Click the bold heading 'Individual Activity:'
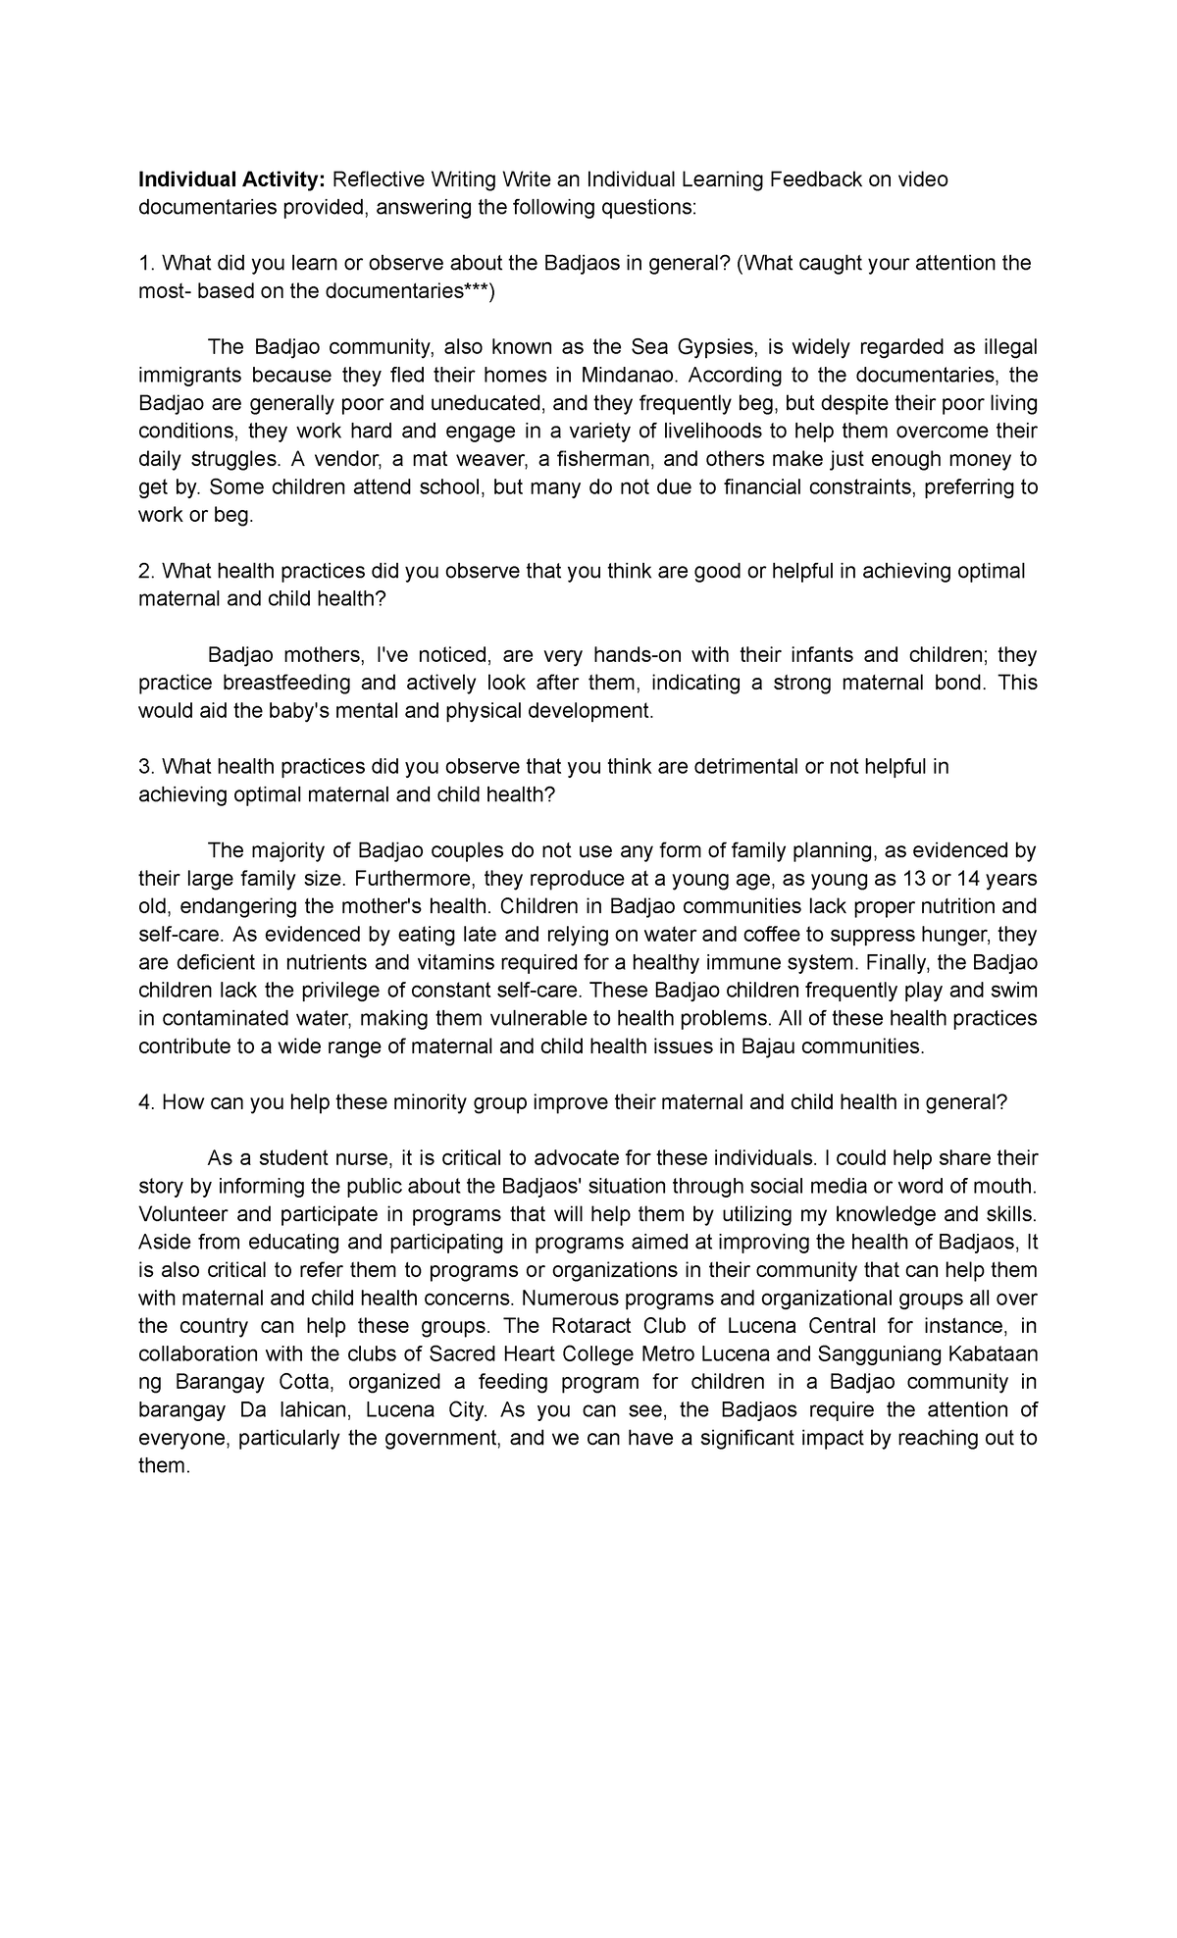[x=231, y=179]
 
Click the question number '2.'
[x=146, y=571]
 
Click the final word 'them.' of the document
[x=163, y=1465]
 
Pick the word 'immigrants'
[x=187, y=376]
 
